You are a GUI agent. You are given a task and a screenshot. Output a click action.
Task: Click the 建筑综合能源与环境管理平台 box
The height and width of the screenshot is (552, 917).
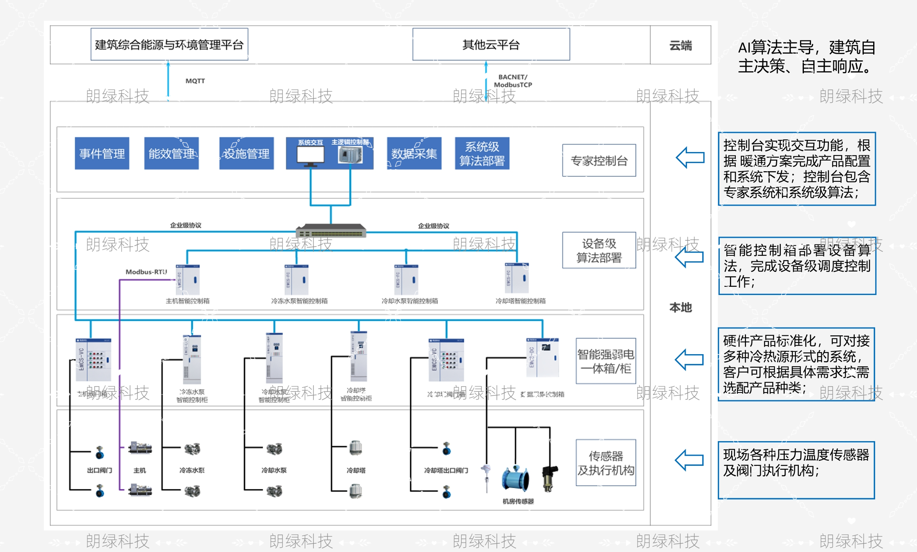(x=169, y=44)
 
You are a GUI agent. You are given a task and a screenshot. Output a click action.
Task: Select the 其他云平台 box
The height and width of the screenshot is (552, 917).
(x=491, y=44)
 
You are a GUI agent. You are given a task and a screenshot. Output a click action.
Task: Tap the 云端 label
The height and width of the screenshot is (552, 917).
(x=680, y=45)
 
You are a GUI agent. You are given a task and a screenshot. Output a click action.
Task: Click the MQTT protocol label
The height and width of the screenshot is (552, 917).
(x=195, y=81)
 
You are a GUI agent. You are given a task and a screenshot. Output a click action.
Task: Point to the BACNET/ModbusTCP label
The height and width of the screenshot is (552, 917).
(x=513, y=81)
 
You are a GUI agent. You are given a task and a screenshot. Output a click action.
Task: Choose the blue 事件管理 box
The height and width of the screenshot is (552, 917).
(x=102, y=153)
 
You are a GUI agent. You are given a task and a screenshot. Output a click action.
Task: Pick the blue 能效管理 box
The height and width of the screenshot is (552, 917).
(x=171, y=153)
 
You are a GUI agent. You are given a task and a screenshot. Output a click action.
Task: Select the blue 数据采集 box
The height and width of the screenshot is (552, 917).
(x=414, y=153)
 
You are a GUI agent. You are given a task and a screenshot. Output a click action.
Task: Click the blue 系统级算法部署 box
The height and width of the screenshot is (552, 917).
(x=482, y=153)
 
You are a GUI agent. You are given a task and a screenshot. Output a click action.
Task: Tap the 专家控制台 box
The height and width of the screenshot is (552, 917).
(x=599, y=160)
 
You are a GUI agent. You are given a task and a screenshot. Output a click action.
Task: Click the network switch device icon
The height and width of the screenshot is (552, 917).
(x=331, y=231)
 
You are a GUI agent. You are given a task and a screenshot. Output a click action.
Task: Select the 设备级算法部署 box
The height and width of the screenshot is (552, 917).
(x=599, y=250)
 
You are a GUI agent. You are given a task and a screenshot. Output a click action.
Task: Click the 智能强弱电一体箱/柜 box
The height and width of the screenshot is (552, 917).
(x=605, y=361)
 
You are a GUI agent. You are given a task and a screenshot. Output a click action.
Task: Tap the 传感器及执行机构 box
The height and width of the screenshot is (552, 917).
(x=605, y=463)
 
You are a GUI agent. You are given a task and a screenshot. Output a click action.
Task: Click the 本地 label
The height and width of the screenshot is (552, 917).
(x=680, y=308)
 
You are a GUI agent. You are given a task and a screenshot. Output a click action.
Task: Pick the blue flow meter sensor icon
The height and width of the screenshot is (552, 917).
(x=516, y=478)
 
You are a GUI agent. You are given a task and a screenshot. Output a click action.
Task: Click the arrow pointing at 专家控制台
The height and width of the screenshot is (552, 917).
(x=690, y=157)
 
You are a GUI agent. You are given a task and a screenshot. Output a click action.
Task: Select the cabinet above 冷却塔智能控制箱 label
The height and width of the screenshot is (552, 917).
(x=517, y=279)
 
